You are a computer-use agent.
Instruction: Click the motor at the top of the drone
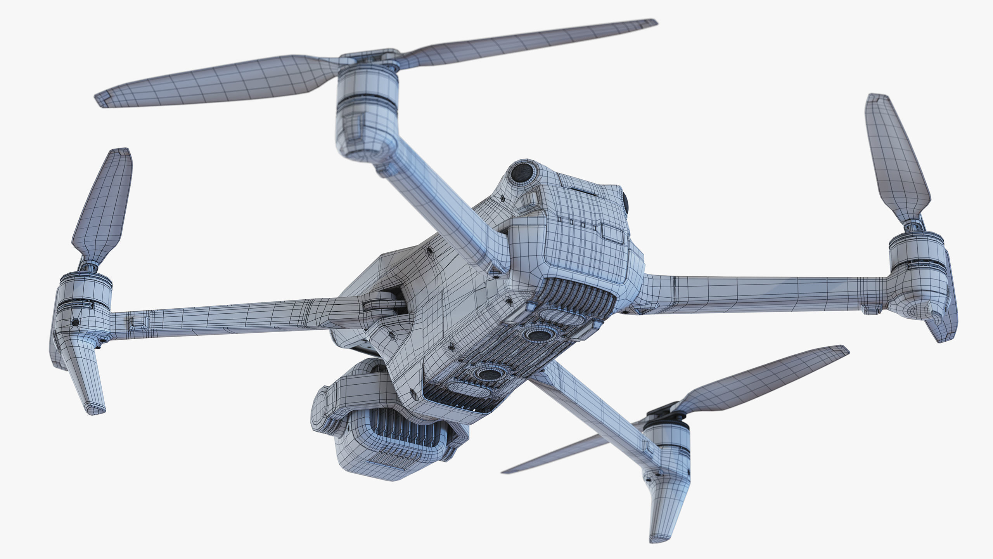pyautogui.click(x=367, y=113)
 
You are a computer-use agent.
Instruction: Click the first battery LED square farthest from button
pyautogui.click(x=559, y=220)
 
